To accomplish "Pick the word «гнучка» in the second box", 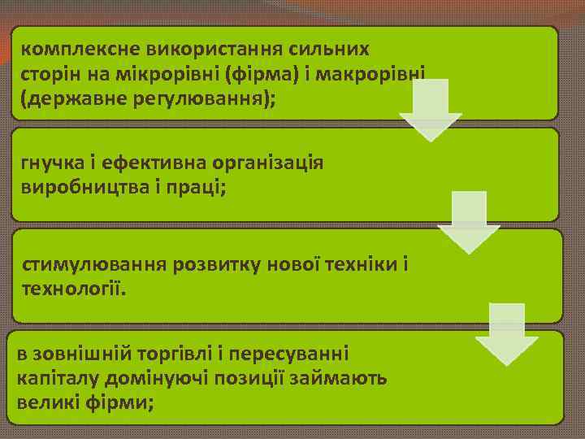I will (x=50, y=162).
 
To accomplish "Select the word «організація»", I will (x=267, y=162).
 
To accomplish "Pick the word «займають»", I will (x=341, y=378).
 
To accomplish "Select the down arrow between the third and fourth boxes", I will (x=506, y=334).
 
